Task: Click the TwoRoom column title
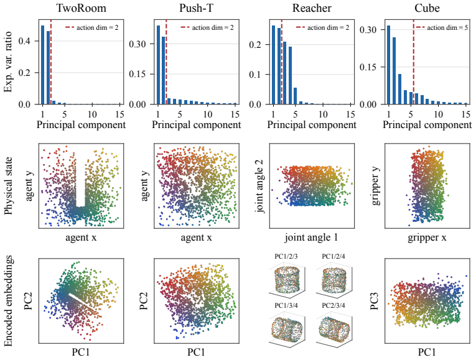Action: click(81, 8)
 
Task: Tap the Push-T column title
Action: click(197, 8)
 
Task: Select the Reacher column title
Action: click(312, 8)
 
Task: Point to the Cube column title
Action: click(427, 8)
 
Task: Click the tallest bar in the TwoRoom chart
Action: click(42, 65)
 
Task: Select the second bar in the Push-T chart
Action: click(163, 70)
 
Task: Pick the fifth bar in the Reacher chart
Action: click(296, 96)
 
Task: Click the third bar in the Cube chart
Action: click(400, 89)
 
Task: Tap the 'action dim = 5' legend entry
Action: click(442, 27)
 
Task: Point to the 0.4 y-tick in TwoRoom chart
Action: click(24, 41)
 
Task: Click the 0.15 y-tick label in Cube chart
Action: click(368, 67)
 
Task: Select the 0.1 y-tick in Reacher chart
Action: click(255, 75)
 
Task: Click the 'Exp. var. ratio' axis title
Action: click(8, 62)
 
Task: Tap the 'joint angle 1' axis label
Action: click(312, 237)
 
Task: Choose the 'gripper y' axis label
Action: click(376, 186)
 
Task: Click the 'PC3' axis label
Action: click(375, 301)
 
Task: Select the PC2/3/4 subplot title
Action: click(334, 305)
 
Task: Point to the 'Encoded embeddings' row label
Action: click(9, 300)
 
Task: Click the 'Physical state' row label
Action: click(9, 186)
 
